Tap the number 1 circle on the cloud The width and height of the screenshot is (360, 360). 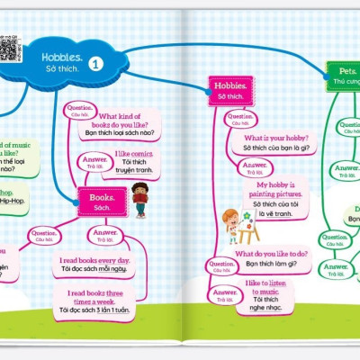(96, 64)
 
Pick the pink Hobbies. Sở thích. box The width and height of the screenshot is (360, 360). (228, 88)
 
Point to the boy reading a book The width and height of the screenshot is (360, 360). (139, 199)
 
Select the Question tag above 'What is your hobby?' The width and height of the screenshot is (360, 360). (240, 117)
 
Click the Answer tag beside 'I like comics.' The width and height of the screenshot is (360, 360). (94, 161)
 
